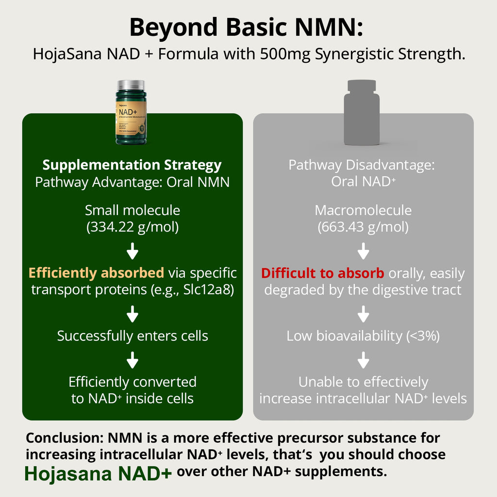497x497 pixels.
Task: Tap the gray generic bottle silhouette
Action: click(x=362, y=114)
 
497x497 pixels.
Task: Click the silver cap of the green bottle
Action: click(x=131, y=85)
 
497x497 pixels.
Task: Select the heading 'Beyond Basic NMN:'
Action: click(x=246, y=28)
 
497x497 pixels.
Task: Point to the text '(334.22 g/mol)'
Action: click(x=132, y=227)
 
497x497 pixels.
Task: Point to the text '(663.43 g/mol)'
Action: click(x=363, y=227)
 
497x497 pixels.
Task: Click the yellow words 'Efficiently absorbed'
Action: click(x=96, y=273)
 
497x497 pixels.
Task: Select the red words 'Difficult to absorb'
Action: click(x=322, y=273)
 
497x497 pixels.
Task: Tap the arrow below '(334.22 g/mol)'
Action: click(x=132, y=252)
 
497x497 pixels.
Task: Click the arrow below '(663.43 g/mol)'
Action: click(x=363, y=252)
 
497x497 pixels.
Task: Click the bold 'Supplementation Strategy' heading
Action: click(x=132, y=165)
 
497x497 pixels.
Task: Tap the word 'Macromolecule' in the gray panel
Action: click(x=363, y=210)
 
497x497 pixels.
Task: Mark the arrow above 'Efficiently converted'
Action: click(x=132, y=361)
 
